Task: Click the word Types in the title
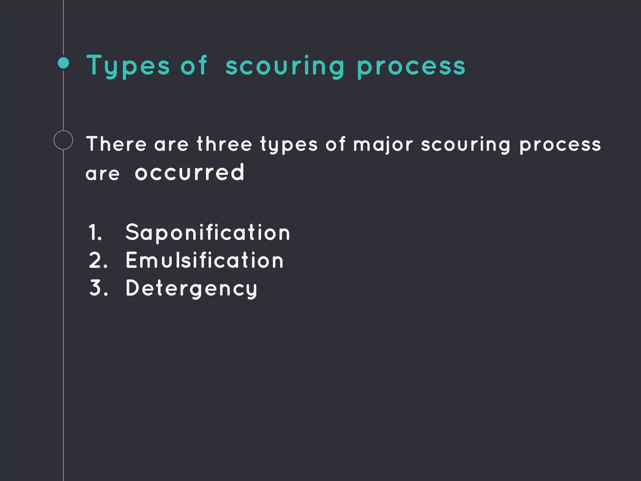click(x=128, y=66)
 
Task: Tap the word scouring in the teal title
click(x=285, y=66)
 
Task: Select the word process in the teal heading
click(x=411, y=66)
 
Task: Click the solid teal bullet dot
click(x=64, y=63)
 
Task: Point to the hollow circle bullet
click(x=63, y=140)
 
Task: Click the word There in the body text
click(x=116, y=144)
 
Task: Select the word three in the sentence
click(x=224, y=144)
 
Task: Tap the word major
click(x=383, y=145)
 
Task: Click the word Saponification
click(x=208, y=232)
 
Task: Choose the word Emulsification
click(x=205, y=260)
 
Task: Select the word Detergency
click(x=192, y=288)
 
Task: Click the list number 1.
click(x=95, y=233)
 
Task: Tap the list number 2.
click(x=98, y=261)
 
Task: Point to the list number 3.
click(x=98, y=288)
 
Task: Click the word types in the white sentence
click(x=289, y=145)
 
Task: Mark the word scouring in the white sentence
click(x=466, y=145)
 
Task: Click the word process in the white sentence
click(x=560, y=145)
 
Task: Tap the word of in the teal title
click(x=194, y=66)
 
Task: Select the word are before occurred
click(x=103, y=174)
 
